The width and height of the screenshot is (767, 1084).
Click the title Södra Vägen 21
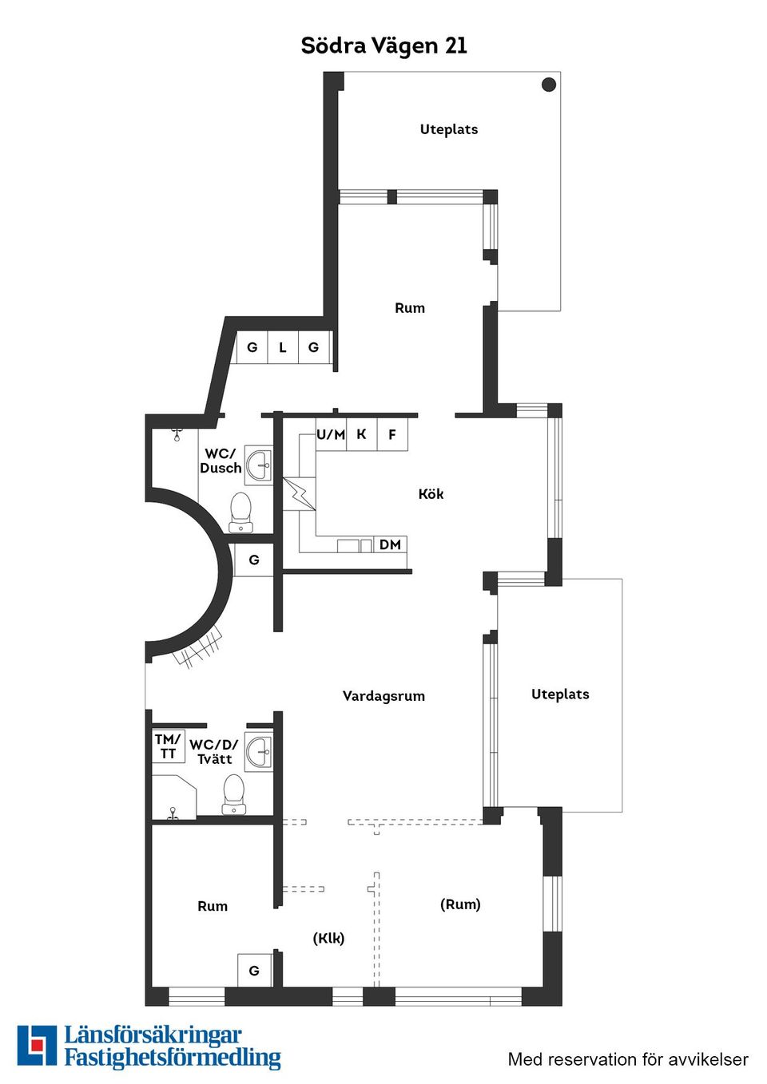tap(383, 45)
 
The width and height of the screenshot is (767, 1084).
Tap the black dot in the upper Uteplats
tap(549, 84)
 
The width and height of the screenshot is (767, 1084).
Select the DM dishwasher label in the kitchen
tap(390, 545)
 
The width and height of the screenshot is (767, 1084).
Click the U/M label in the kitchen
tap(331, 435)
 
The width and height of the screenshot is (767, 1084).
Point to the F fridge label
tap(392, 435)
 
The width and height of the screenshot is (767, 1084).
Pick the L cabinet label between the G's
tap(282, 348)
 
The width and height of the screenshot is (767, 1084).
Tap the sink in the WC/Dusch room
tap(259, 465)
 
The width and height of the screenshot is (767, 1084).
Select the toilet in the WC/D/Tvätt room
tap(233, 793)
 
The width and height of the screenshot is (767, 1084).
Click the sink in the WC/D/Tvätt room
tap(259, 751)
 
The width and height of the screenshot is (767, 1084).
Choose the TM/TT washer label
tap(168, 746)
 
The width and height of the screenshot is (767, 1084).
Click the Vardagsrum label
tap(383, 696)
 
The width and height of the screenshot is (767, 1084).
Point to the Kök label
tap(431, 494)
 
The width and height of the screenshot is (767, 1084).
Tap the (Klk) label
tap(328, 938)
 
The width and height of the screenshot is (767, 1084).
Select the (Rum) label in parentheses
tap(460, 904)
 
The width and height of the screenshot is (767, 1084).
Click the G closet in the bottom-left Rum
tap(254, 971)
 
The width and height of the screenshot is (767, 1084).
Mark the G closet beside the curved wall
tap(254, 560)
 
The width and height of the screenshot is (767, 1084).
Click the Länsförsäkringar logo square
tap(37, 1046)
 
